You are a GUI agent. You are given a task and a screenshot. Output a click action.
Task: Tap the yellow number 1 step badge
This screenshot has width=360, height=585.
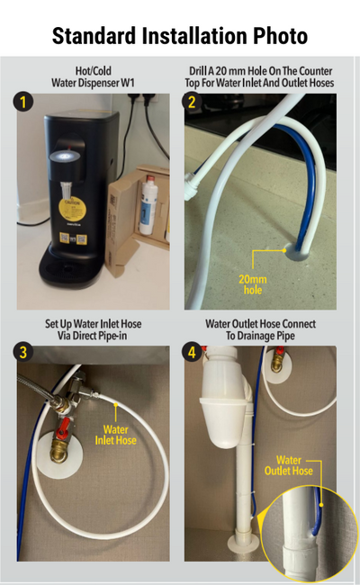click(x=23, y=102)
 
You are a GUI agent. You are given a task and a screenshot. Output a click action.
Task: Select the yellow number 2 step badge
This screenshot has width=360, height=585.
click(x=192, y=102)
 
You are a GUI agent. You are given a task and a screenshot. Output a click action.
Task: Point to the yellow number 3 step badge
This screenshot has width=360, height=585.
click(x=23, y=352)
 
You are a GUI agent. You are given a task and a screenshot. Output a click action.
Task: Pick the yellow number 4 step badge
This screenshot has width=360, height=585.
click(x=192, y=352)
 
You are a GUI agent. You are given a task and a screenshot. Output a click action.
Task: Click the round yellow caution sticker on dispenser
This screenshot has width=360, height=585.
click(x=73, y=211)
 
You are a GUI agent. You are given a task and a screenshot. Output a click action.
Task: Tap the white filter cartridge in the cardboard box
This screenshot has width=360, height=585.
click(x=148, y=206)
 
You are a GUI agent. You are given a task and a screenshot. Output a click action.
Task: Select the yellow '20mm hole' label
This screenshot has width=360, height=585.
click(x=253, y=284)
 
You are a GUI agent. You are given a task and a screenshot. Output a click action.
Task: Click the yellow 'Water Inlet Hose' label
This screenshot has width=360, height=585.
click(x=115, y=435)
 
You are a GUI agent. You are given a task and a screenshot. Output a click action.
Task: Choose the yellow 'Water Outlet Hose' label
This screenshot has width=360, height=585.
click(x=289, y=465)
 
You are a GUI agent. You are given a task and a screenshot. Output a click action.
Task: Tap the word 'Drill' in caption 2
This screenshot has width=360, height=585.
click(x=197, y=71)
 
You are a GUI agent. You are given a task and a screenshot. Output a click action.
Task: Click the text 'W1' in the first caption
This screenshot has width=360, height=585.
click(x=128, y=83)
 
